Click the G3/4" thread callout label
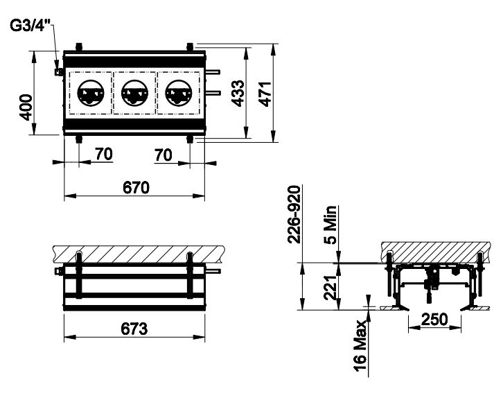point(30,26)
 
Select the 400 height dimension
point(26,107)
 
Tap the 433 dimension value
point(238,93)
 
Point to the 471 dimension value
point(265,94)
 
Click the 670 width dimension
point(136,187)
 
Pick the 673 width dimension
point(134,329)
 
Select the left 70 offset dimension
point(104,155)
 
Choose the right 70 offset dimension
point(164,155)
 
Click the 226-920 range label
point(294,214)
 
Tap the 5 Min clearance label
point(330,225)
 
